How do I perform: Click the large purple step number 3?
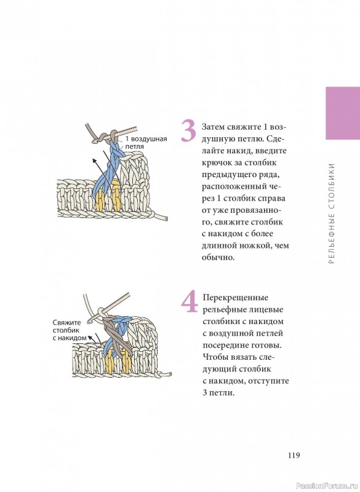pyautogui.click(x=189, y=131)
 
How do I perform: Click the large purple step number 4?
pyautogui.click(x=190, y=301)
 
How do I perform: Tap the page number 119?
pyautogui.click(x=294, y=455)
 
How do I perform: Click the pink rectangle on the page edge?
pyautogui.click(x=343, y=113)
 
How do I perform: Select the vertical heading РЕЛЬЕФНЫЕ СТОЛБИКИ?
pyautogui.click(x=332, y=213)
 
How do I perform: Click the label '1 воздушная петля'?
pyautogui.click(x=146, y=143)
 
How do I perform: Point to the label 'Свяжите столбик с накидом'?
pyautogui.click(x=70, y=330)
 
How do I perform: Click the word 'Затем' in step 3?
pyautogui.click(x=212, y=127)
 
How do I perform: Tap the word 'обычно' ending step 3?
pyautogui.click(x=217, y=258)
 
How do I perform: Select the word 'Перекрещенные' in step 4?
pyautogui.click(x=236, y=298)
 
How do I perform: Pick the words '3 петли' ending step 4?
pyautogui.click(x=218, y=393)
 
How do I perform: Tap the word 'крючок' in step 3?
pyautogui.click(x=216, y=163)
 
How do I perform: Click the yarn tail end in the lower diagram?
pyautogui.click(x=169, y=374)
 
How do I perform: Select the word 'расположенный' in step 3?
pyautogui.click(x=234, y=187)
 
